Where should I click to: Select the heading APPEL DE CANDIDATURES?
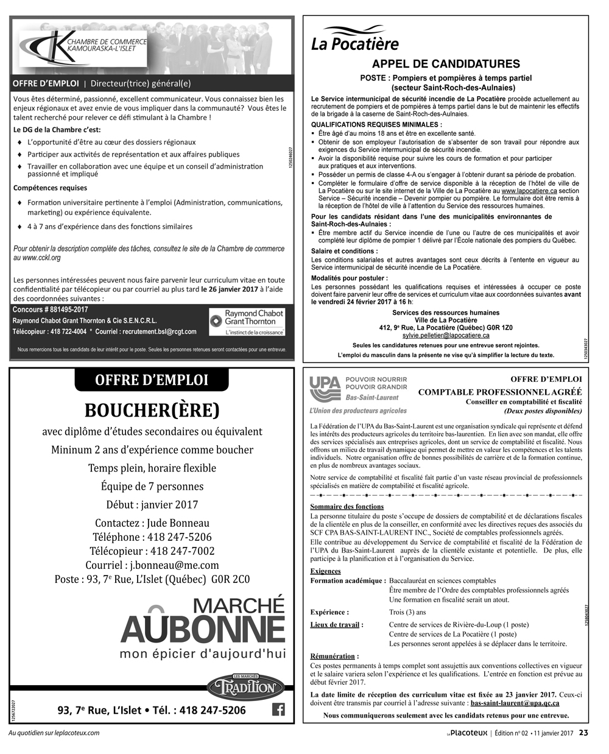446,64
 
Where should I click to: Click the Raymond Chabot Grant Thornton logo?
247,322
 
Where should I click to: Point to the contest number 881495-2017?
51,310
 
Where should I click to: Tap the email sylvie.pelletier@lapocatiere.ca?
446,336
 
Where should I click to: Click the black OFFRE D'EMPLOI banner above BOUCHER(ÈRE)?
152,380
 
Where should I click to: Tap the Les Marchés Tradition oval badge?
245,686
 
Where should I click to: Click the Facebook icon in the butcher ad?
278,710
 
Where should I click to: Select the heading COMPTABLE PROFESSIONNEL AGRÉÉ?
499,392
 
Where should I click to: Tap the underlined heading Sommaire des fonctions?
347,507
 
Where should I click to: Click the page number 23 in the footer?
583,733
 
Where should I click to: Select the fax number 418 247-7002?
182,551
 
